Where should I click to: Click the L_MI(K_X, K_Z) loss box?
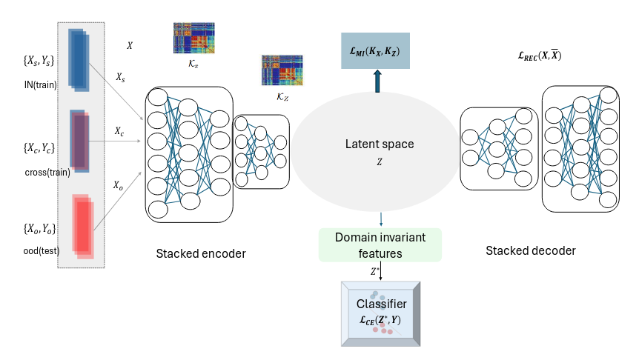374,52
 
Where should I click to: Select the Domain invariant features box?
380,245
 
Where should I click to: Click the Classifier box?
380,313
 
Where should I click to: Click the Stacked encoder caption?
201,254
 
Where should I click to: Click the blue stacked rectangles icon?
78,59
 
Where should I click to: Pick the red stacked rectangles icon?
83,224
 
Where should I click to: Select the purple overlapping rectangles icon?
80,140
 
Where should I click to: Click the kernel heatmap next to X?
193,39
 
